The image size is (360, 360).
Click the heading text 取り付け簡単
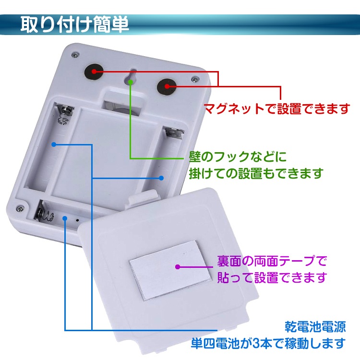(x=74, y=24)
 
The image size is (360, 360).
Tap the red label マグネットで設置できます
(x=277, y=108)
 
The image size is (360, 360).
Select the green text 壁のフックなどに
(x=238, y=157)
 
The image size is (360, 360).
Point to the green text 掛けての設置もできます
(x=256, y=173)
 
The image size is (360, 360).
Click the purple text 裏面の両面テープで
(x=272, y=261)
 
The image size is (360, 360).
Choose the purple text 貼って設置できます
(x=272, y=277)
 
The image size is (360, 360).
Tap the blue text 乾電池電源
(x=315, y=327)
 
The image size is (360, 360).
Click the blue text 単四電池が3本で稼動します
(x=268, y=343)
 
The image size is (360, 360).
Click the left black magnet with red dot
(x=94, y=72)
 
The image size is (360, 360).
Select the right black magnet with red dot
(x=167, y=86)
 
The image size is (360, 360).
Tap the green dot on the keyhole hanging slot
(x=131, y=81)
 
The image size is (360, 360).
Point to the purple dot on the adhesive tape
(x=178, y=267)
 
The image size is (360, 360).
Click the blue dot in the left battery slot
(x=54, y=144)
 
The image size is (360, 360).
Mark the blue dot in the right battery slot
(x=161, y=178)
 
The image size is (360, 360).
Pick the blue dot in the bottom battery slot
(x=65, y=218)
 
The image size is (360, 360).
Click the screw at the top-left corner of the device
(x=75, y=55)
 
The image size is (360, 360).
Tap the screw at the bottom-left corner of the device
(x=20, y=208)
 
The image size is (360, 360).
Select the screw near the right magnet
(x=195, y=79)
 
